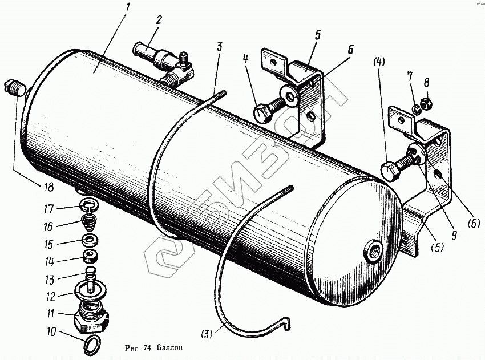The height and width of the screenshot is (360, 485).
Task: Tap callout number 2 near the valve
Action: [x=159, y=19]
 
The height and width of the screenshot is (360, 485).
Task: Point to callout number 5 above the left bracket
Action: [x=317, y=34]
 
